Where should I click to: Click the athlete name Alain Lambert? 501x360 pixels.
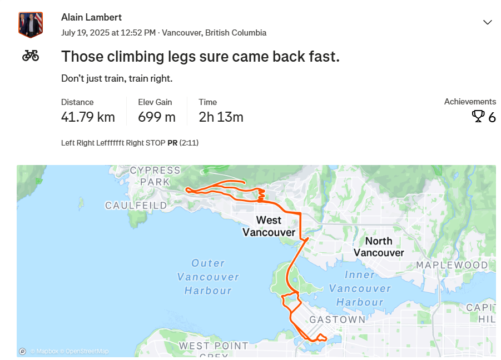click(x=91, y=17)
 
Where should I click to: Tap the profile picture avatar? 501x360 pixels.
click(x=31, y=24)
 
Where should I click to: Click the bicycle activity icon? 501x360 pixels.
click(x=31, y=56)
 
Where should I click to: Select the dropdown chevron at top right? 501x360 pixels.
click(x=488, y=22)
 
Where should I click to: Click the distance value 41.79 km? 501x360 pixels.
click(x=88, y=117)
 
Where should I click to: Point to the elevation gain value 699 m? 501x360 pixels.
click(x=157, y=117)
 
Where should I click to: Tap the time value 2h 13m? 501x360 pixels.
click(x=221, y=117)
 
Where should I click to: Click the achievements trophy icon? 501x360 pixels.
click(x=478, y=116)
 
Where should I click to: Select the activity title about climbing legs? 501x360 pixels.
click(x=200, y=57)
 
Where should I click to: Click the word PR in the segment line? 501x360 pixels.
click(x=172, y=143)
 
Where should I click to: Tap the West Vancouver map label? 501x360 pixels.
click(x=269, y=226)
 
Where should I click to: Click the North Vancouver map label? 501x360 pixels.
click(x=379, y=247)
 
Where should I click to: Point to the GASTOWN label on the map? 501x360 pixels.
click(x=338, y=319)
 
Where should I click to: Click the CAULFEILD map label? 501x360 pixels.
click(x=136, y=206)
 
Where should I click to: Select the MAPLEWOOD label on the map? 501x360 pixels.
click(x=452, y=265)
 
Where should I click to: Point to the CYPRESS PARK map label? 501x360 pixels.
click(x=155, y=176)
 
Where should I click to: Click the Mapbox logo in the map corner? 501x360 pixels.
click(x=22, y=351)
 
